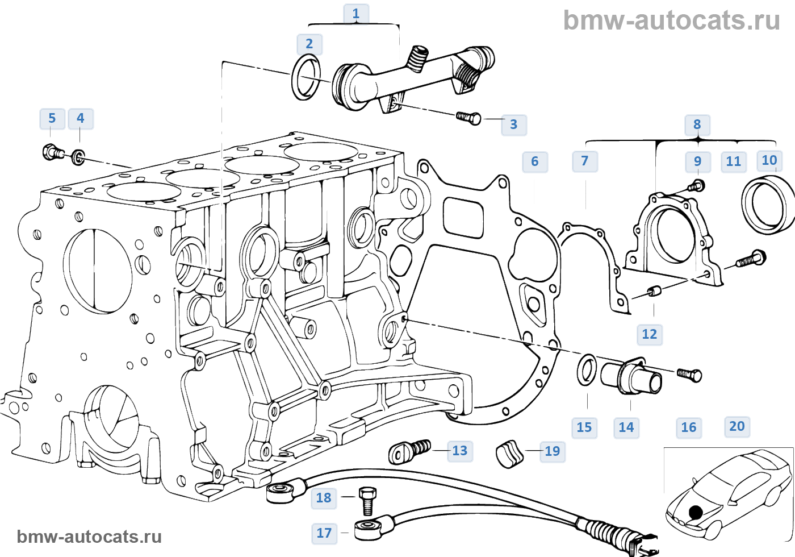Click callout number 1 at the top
click(356, 14)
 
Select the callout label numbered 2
click(309, 44)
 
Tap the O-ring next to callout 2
click(306, 77)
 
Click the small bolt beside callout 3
click(469, 118)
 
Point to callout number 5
click(52, 118)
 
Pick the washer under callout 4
click(78, 156)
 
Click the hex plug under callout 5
click(53, 152)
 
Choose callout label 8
click(697, 124)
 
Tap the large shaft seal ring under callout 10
click(767, 205)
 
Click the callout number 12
click(649, 334)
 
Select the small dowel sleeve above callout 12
click(654, 292)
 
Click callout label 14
click(626, 427)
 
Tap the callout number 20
click(737, 426)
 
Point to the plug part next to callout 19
click(509, 453)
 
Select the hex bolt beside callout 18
click(367, 500)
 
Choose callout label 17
click(324, 533)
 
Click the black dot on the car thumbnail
click(696, 512)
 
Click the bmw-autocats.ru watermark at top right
click(671, 20)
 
